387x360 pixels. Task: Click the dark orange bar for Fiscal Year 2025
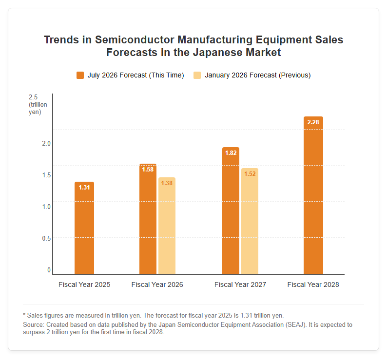pyautogui.click(x=84, y=228)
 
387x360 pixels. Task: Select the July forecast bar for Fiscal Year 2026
pyautogui.click(x=148, y=219)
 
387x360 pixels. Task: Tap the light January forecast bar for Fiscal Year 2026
pyautogui.click(x=167, y=226)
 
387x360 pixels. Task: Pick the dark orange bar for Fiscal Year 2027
pyautogui.click(x=231, y=210)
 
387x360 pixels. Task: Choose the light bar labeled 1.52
pyautogui.click(x=250, y=221)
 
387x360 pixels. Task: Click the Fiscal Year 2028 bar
pyautogui.click(x=313, y=195)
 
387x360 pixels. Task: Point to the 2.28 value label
pyautogui.click(x=313, y=122)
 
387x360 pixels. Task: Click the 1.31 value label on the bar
pyautogui.click(x=84, y=188)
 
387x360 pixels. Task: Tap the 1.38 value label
pyautogui.click(x=167, y=183)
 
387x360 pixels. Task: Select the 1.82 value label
pyautogui.click(x=231, y=153)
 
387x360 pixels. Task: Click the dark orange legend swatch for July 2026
pyautogui.click(x=80, y=75)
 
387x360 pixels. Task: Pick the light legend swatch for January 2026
pyautogui.click(x=197, y=75)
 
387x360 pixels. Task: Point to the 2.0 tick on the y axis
pyautogui.click(x=46, y=143)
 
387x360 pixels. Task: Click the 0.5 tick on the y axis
pyautogui.click(x=46, y=238)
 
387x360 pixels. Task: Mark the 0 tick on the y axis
pyautogui.click(x=49, y=270)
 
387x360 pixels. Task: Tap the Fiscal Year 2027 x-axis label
pyautogui.click(x=240, y=284)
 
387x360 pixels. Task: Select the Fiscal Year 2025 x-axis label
pyautogui.click(x=84, y=284)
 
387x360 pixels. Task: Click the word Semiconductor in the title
pyautogui.click(x=135, y=40)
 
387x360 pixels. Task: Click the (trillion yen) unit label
pyautogui.click(x=38, y=108)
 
